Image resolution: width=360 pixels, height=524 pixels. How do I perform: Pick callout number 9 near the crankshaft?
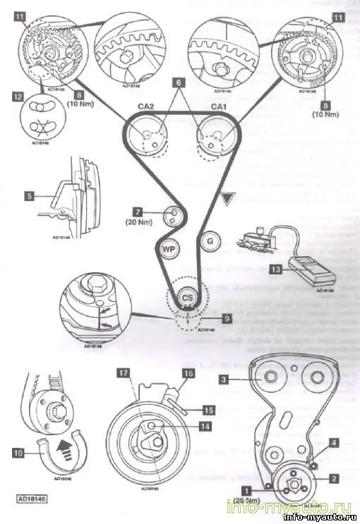tap(224, 318)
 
